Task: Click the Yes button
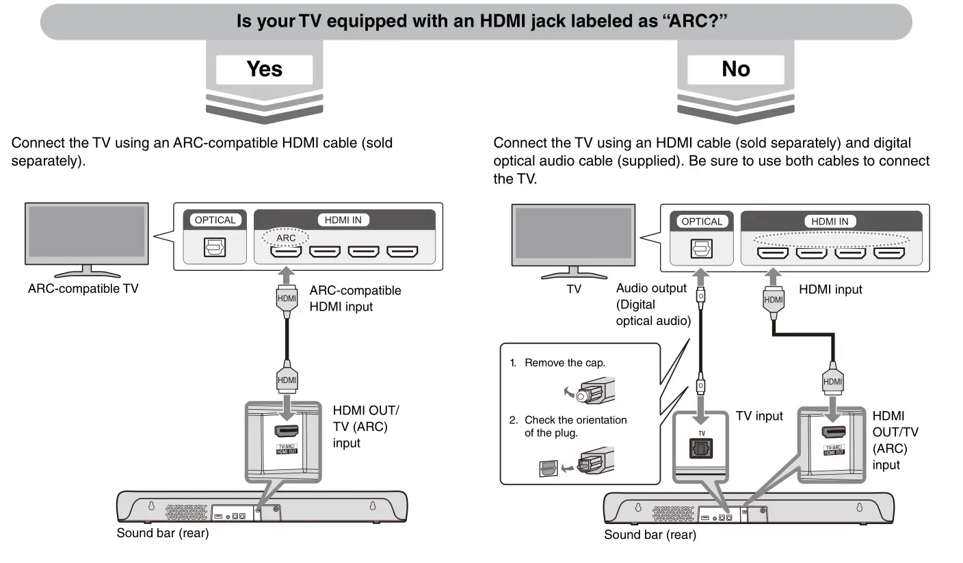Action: pos(264,69)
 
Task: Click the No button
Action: pos(735,69)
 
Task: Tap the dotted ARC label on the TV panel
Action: pos(286,237)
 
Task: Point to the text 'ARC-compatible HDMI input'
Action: pos(355,298)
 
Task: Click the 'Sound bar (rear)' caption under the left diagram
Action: pos(162,534)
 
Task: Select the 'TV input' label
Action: pos(759,416)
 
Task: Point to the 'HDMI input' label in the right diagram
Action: pos(830,289)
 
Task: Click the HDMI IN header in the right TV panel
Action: pos(829,222)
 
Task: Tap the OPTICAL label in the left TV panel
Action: pos(215,220)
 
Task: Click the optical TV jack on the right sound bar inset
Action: pos(701,449)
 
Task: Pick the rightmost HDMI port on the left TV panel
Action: pos(402,251)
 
